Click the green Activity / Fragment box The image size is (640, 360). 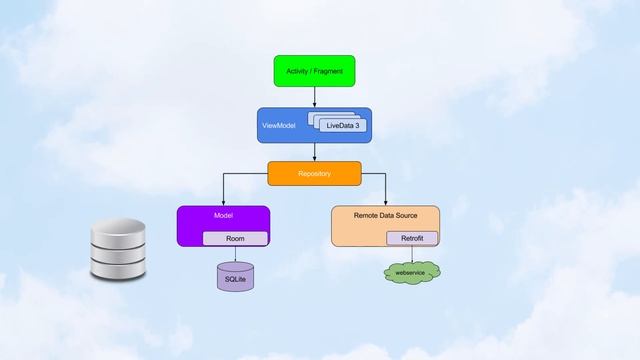click(315, 71)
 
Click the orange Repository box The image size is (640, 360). click(314, 174)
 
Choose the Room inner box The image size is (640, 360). click(235, 239)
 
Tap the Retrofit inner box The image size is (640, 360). click(412, 239)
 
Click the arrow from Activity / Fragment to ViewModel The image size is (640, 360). click(315, 97)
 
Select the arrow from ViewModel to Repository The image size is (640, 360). click(315, 152)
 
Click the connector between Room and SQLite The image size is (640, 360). click(236, 254)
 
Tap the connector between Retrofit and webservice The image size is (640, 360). click(412, 254)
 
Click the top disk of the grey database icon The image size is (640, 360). click(117, 227)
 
